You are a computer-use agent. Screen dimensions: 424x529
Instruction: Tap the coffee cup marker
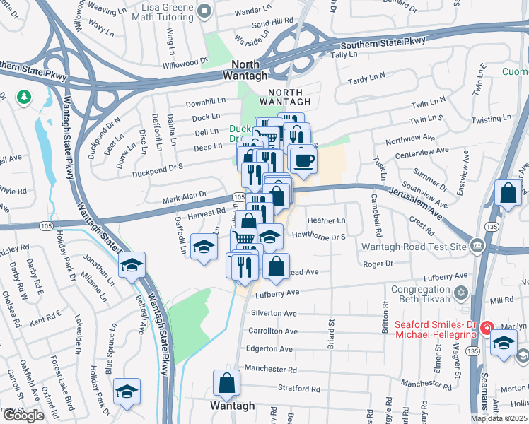303,160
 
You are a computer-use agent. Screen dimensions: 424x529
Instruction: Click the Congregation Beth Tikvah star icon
462,292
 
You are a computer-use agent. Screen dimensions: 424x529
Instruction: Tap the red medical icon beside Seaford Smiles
486,329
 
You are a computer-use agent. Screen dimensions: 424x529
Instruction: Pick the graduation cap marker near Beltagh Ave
132,266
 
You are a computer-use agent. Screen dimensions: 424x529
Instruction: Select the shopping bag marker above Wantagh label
226,384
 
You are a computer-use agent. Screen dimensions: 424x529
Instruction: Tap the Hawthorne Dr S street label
318,237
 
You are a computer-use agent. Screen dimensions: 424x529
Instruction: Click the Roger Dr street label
377,264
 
